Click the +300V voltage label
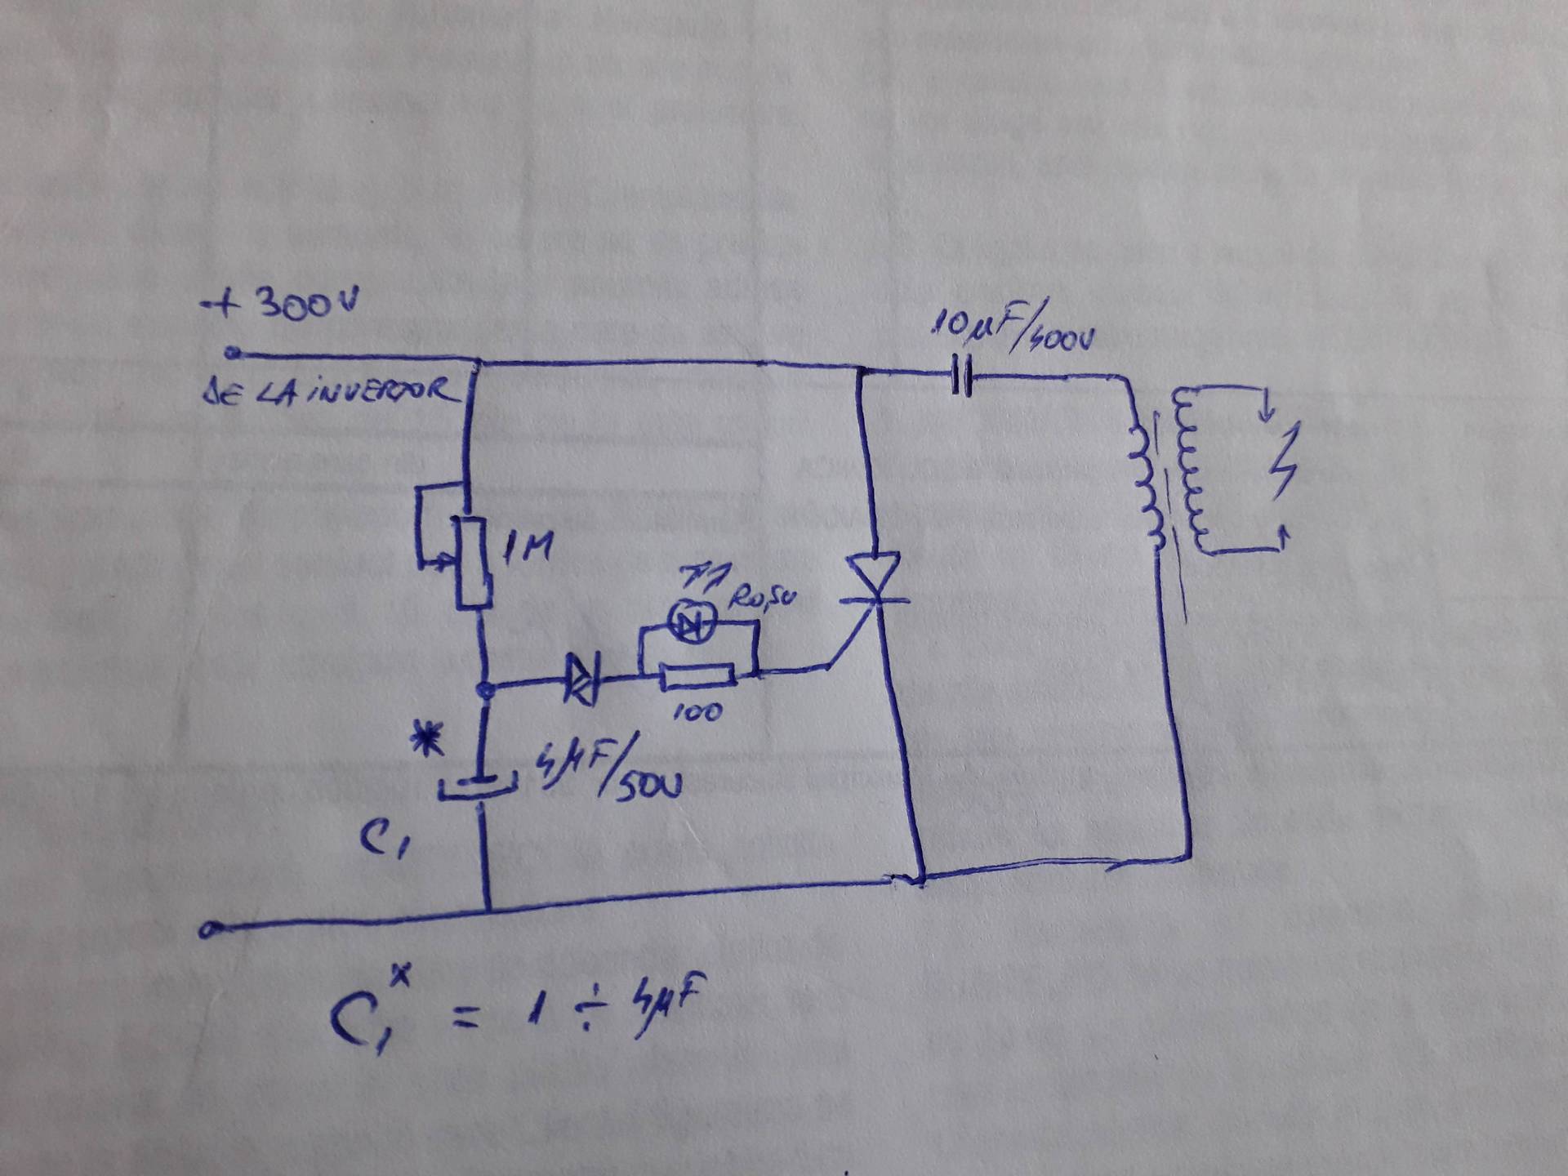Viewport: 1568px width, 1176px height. click(x=282, y=306)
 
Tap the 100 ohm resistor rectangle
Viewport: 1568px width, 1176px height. click(x=697, y=676)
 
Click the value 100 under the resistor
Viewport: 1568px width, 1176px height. click(x=697, y=712)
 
